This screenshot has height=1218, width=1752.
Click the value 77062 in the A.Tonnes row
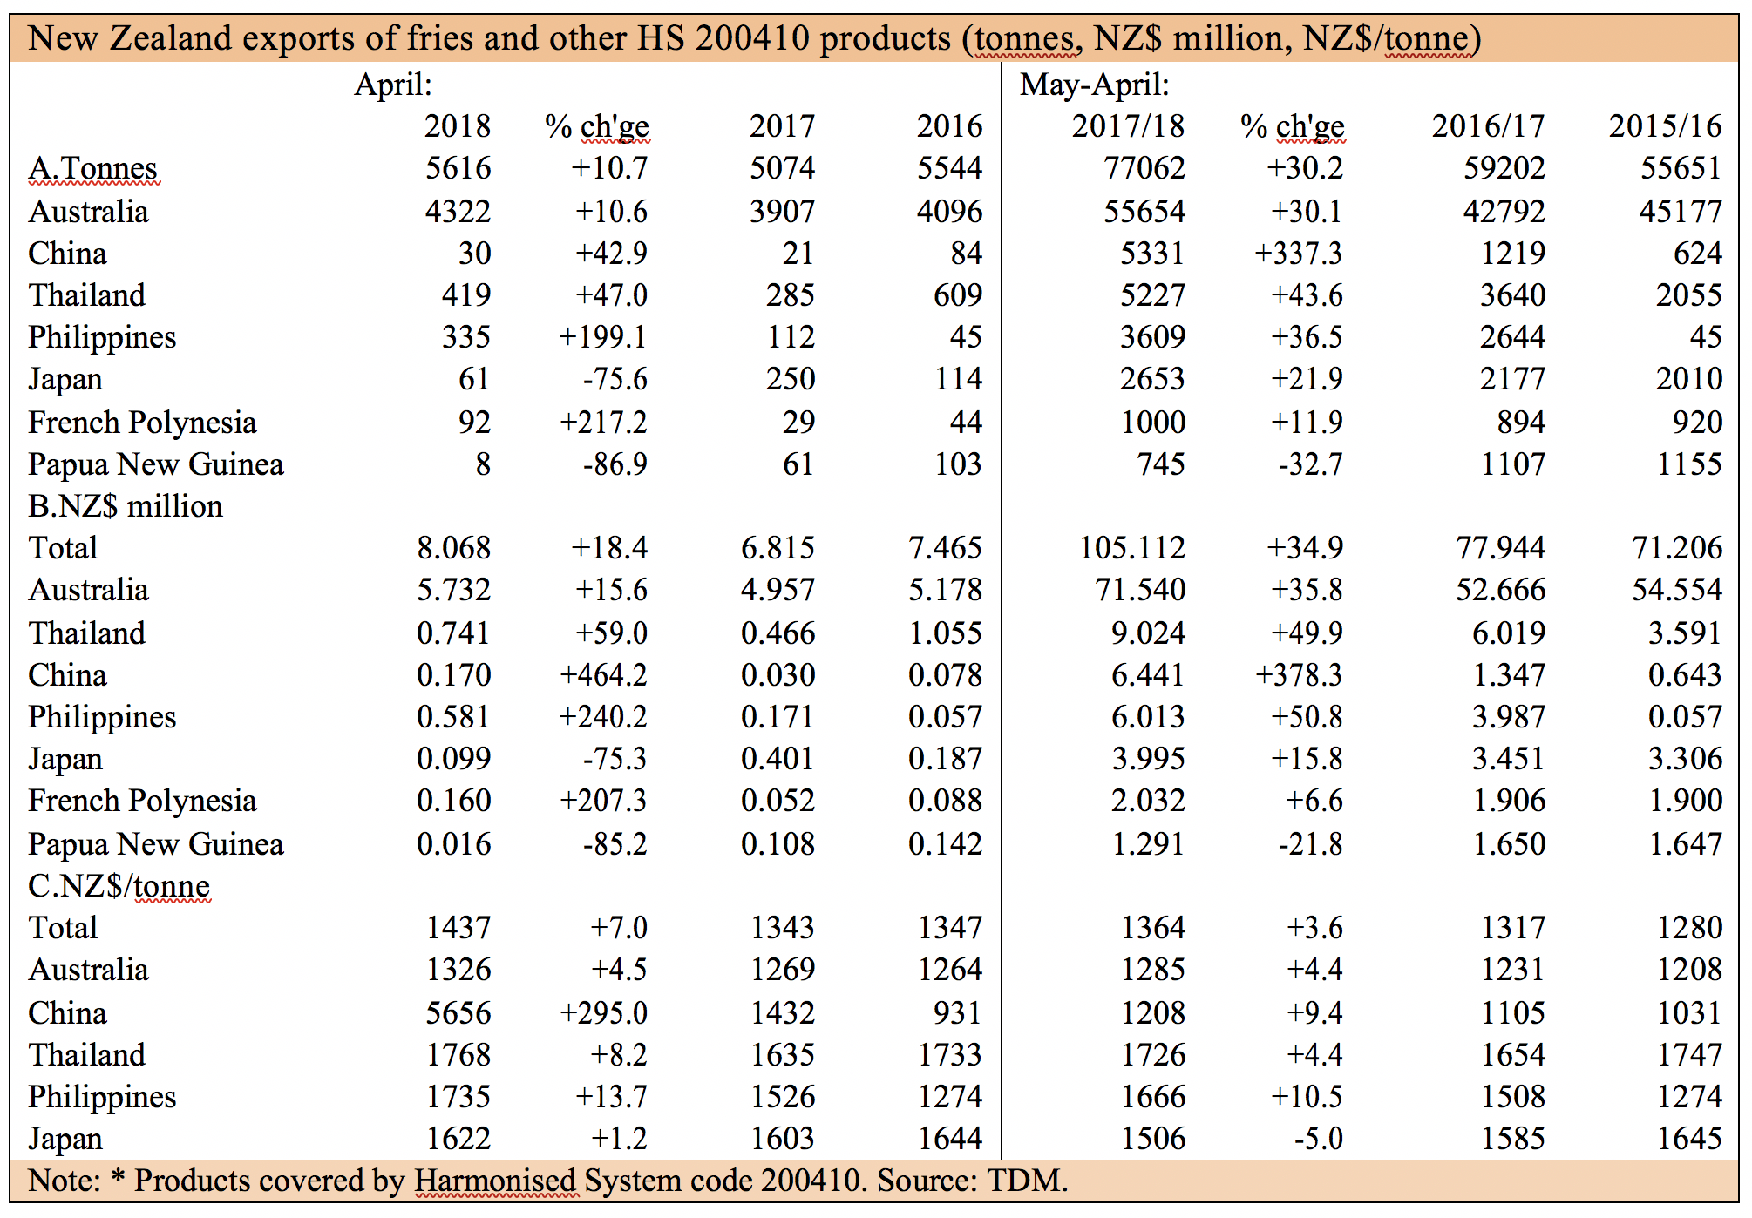(x=1144, y=167)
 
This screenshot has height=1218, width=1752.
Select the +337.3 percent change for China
(x=1299, y=253)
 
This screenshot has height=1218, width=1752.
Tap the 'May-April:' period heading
(x=1095, y=85)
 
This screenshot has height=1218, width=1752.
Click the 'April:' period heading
(x=393, y=85)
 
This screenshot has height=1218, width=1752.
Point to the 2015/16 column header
(x=1665, y=126)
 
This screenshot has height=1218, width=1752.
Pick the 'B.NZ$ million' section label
(x=126, y=506)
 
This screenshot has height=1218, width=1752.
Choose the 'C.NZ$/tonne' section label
(x=119, y=886)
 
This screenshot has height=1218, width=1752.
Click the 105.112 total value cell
(x=1132, y=547)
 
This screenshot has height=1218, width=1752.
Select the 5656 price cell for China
(x=458, y=1012)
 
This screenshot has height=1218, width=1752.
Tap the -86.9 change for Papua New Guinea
(x=615, y=464)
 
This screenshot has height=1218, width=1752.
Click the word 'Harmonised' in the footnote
(x=494, y=1181)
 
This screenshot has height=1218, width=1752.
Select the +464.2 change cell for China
(x=603, y=674)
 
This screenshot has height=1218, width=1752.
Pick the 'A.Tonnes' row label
(x=92, y=168)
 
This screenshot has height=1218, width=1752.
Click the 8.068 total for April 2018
(x=453, y=547)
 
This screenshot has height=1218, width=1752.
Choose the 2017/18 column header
(x=1128, y=126)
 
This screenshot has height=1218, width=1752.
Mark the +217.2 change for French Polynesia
(x=603, y=422)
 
